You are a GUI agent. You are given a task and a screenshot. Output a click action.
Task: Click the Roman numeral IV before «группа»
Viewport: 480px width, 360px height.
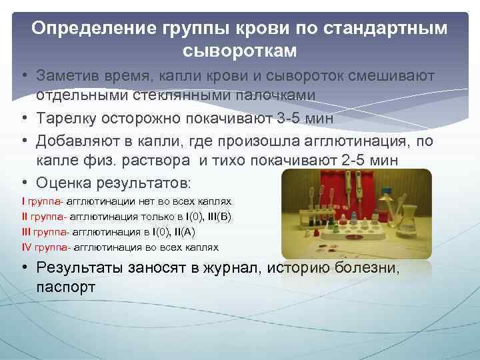(27, 247)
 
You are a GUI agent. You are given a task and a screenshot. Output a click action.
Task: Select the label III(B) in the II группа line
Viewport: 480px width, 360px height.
(219, 216)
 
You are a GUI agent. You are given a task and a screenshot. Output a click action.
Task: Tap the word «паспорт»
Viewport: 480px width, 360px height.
(66, 287)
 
